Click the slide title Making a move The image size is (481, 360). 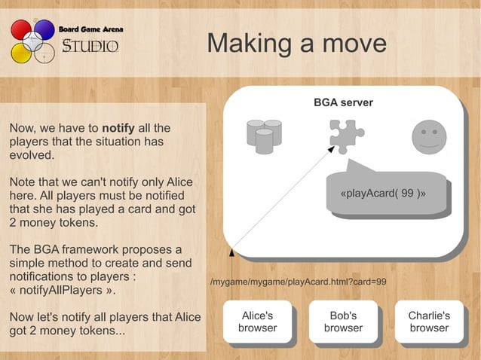point(296,43)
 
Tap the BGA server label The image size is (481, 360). point(343,102)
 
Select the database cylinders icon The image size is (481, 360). point(264,136)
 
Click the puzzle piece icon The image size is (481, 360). point(347,136)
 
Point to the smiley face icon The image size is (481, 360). point(429,137)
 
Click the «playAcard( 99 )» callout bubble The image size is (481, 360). point(384,193)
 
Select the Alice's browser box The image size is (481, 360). point(258,322)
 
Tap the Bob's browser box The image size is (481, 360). point(343,322)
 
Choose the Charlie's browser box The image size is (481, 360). point(429,322)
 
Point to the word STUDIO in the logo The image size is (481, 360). point(90,47)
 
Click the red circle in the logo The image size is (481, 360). point(20,30)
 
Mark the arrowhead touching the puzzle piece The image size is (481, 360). point(332,149)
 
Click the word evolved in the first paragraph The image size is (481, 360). point(31,155)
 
